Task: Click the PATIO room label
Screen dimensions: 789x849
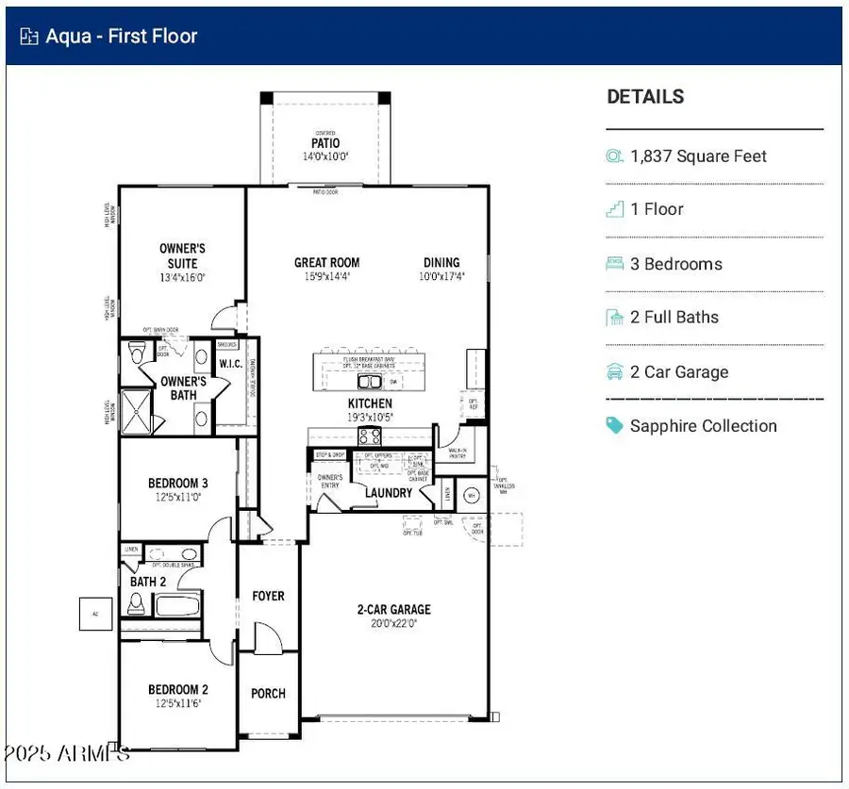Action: tap(325, 143)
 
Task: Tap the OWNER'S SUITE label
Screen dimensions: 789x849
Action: tap(182, 255)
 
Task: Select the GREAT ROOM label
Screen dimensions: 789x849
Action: tap(326, 263)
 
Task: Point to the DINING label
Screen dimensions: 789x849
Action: tap(441, 263)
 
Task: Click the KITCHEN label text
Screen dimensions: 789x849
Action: tap(370, 403)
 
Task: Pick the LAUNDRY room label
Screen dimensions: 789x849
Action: tap(389, 492)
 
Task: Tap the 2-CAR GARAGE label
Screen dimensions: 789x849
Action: tap(393, 610)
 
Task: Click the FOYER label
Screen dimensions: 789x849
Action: tap(268, 596)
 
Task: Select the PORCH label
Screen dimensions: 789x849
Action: tap(268, 693)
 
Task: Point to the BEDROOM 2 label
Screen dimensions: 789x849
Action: tap(178, 689)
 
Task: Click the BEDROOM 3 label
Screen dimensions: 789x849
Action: tap(178, 483)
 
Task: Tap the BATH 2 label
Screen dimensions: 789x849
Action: tap(148, 582)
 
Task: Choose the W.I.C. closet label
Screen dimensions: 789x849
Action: tap(232, 363)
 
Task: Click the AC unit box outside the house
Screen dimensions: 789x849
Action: tap(95, 613)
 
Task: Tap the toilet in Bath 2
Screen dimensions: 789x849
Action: tap(136, 603)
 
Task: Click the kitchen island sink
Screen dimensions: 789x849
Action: tap(369, 381)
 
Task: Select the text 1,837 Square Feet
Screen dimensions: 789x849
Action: tap(698, 156)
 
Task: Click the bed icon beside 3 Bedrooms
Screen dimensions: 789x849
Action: tap(615, 264)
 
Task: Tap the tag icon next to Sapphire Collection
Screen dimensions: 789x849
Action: tap(615, 426)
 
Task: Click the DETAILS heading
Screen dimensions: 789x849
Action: tap(645, 96)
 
